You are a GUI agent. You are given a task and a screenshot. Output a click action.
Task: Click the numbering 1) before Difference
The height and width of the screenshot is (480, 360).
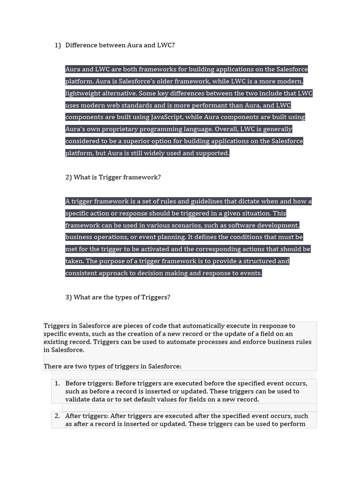pyautogui.click(x=58, y=45)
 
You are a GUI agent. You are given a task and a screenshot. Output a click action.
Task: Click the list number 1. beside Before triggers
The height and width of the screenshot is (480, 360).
pyautogui.click(x=57, y=383)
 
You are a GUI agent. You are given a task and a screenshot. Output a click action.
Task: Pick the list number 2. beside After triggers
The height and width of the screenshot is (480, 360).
pyautogui.click(x=57, y=416)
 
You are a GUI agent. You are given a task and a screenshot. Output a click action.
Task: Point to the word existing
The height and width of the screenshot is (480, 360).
pyautogui.click(x=57, y=342)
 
